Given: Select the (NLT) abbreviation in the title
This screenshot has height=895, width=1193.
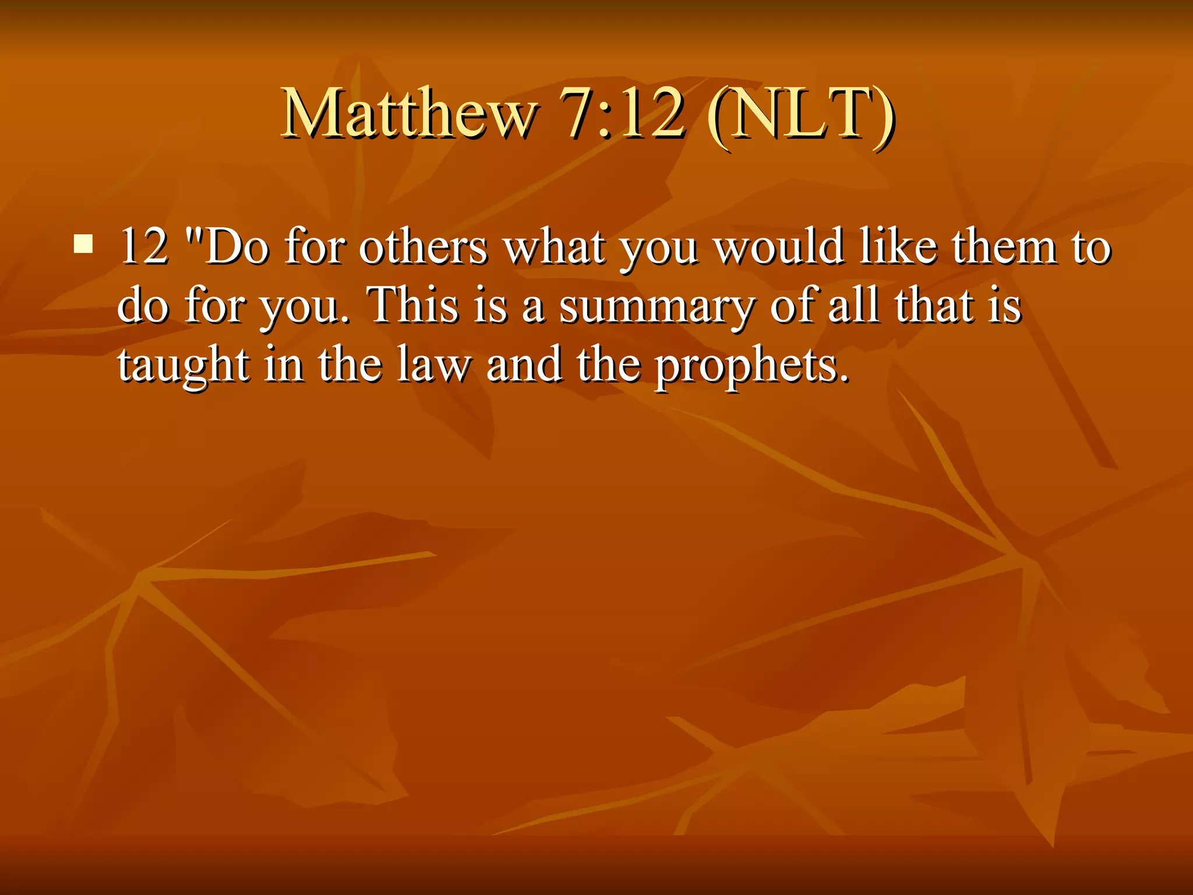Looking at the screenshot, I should [x=800, y=114].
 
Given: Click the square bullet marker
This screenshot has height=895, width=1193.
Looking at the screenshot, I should [x=84, y=244].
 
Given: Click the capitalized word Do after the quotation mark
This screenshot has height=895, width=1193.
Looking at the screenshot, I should [x=237, y=246].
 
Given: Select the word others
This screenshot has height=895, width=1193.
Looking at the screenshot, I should [x=423, y=246].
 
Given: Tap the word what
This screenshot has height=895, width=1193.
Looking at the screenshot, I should [x=554, y=246].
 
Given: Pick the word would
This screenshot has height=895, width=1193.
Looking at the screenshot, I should [x=780, y=246].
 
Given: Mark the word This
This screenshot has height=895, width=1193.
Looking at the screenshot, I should [x=414, y=305].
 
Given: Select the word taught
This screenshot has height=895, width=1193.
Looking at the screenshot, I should [x=184, y=366].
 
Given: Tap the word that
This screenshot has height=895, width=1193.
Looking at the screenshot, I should [x=934, y=305].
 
